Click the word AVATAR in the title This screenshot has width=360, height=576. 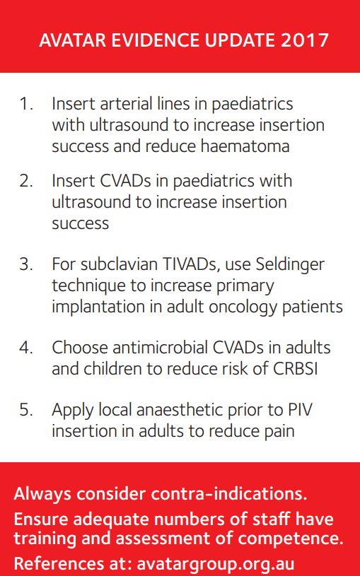point(71,40)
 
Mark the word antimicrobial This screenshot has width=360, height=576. point(158,348)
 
